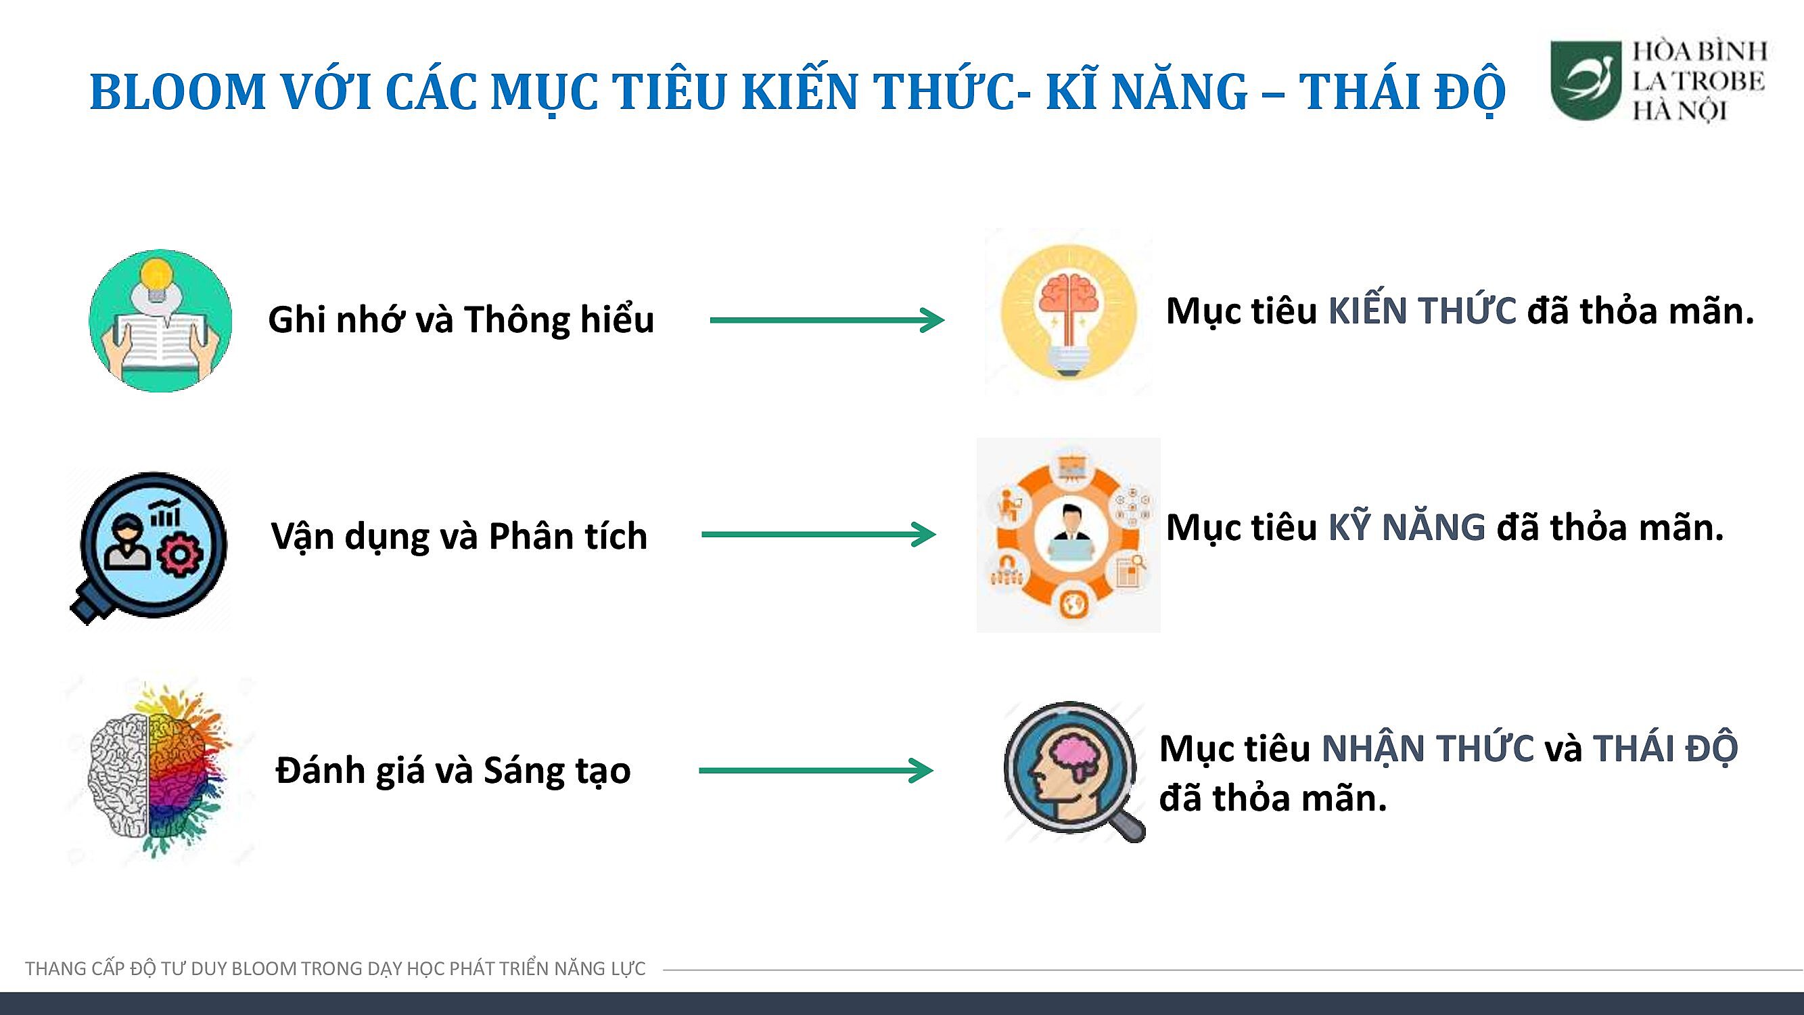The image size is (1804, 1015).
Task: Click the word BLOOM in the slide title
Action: (x=178, y=92)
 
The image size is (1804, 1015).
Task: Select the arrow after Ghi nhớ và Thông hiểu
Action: (x=827, y=320)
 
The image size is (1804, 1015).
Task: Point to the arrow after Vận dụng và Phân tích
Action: (x=818, y=535)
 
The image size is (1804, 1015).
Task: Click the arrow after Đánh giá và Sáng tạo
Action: (x=816, y=771)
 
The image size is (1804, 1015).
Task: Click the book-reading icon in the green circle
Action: (x=160, y=320)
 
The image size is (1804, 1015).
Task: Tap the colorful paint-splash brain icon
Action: (x=160, y=771)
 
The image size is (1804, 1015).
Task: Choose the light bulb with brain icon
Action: (x=1069, y=313)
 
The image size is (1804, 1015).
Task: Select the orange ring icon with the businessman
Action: (x=1069, y=535)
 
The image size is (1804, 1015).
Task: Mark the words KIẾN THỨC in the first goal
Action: (x=1423, y=311)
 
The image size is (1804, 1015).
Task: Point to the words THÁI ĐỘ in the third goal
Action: (x=1665, y=748)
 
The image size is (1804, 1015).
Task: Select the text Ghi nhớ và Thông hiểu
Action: (x=461, y=320)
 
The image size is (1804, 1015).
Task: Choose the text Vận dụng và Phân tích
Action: (x=459, y=537)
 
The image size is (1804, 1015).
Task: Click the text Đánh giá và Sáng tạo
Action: (x=454, y=771)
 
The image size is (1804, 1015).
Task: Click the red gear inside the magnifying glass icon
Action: (x=180, y=556)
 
